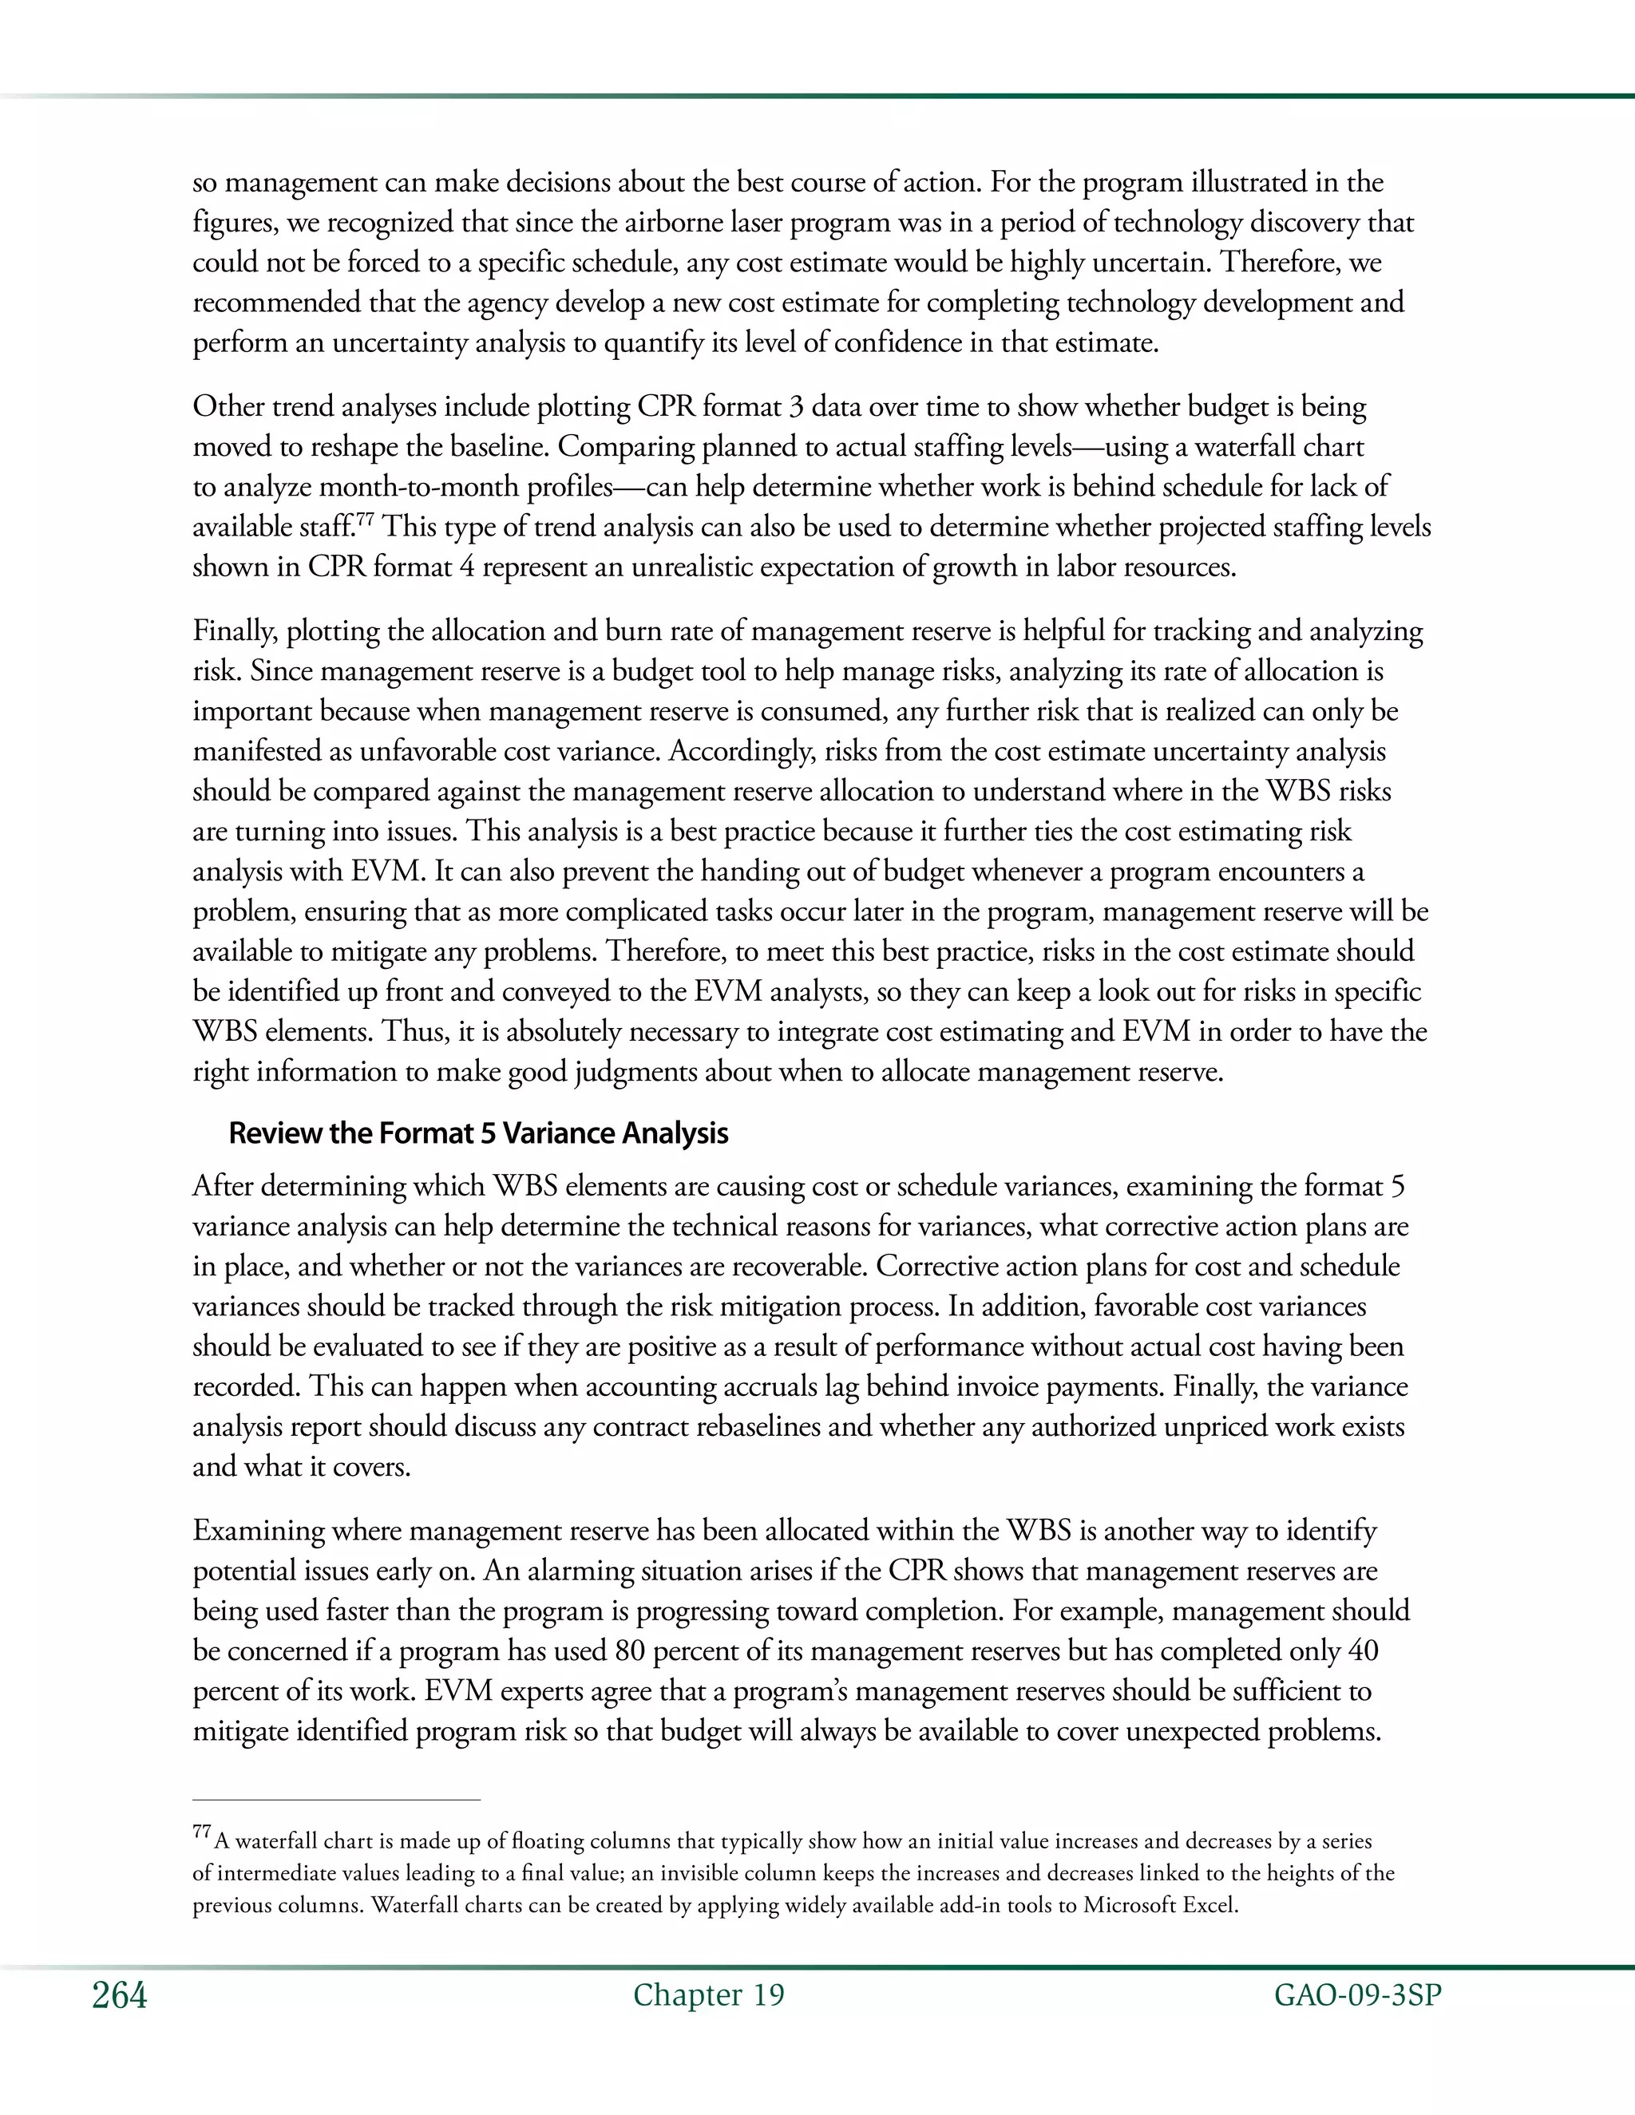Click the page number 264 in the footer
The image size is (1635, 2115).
[x=119, y=1996]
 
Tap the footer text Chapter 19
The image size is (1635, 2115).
[x=708, y=1996]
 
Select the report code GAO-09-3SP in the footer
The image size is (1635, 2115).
[x=1357, y=1996]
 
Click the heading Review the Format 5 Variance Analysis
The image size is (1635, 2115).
[x=477, y=1133]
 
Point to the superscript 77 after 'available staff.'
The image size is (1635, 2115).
[x=364, y=520]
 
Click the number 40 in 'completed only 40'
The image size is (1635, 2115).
[x=1363, y=1650]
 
